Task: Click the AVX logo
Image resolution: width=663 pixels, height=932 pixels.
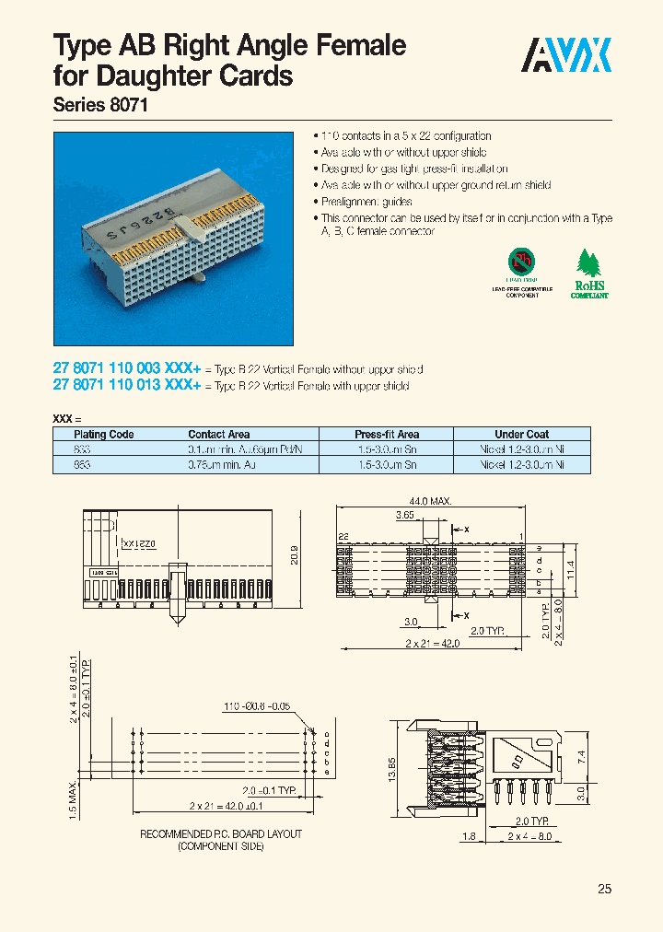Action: tap(567, 56)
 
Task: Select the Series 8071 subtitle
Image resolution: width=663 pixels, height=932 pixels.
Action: tap(99, 105)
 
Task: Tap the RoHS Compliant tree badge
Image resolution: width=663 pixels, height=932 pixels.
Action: tap(589, 274)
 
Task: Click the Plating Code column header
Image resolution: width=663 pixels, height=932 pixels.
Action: tap(104, 435)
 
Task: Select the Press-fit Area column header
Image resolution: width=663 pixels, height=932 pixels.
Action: tap(387, 435)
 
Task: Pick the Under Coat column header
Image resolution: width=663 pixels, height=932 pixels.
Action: tap(521, 435)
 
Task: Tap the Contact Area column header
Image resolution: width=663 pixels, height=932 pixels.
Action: tap(219, 435)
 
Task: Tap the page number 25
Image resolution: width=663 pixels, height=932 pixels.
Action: tap(604, 889)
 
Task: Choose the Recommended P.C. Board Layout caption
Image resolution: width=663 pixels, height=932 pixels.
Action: tap(221, 839)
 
